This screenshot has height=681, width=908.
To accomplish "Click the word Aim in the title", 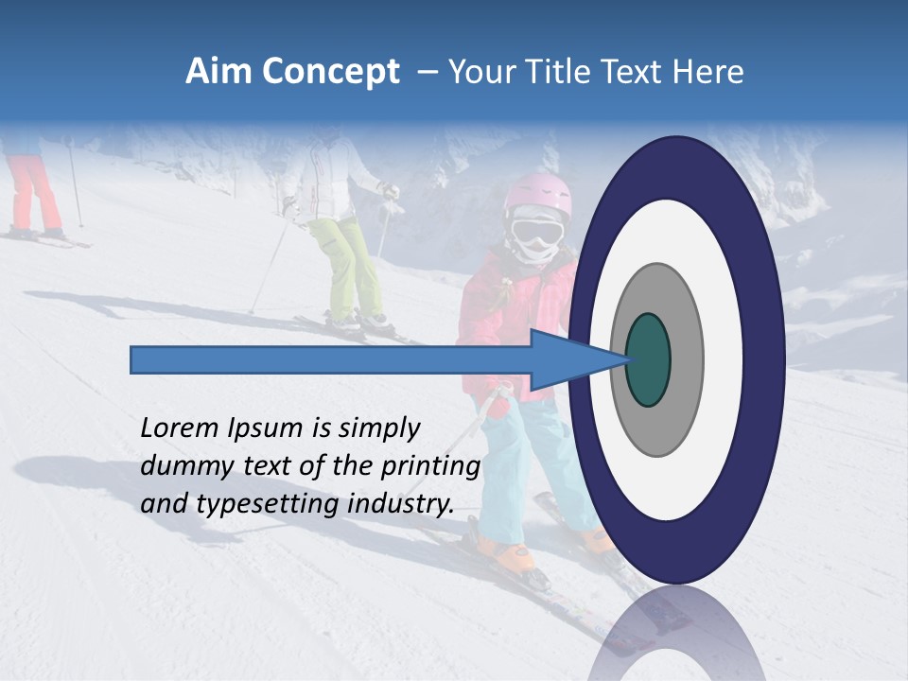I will [217, 72].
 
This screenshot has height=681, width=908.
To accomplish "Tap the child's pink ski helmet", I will [536, 194].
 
